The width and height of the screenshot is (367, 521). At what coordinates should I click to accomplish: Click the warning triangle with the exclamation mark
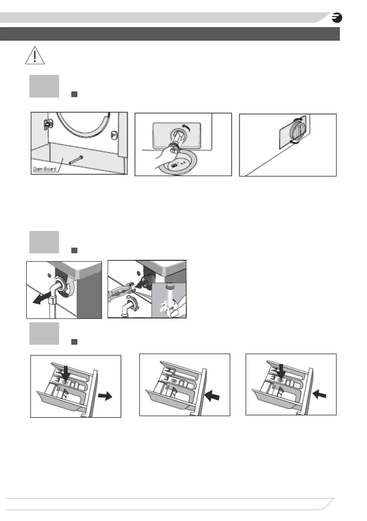coord(35,56)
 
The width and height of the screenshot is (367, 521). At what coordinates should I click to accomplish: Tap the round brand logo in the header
coord(337,18)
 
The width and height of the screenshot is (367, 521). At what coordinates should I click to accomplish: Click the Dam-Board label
coord(45,169)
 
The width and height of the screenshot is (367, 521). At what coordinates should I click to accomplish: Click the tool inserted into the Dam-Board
coord(76,159)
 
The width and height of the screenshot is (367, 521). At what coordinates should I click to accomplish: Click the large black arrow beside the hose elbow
coord(42,299)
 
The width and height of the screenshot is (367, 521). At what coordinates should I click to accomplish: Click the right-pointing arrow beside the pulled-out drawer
coord(105,396)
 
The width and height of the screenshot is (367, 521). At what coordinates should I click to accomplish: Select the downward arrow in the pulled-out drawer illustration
coord(66,373)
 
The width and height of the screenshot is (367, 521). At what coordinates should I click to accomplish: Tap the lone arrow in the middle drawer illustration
coord(212,395)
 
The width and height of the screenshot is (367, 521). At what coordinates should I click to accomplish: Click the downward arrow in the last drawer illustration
coord(281,371)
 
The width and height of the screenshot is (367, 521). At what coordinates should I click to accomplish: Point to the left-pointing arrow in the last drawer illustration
coord(319,395)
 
